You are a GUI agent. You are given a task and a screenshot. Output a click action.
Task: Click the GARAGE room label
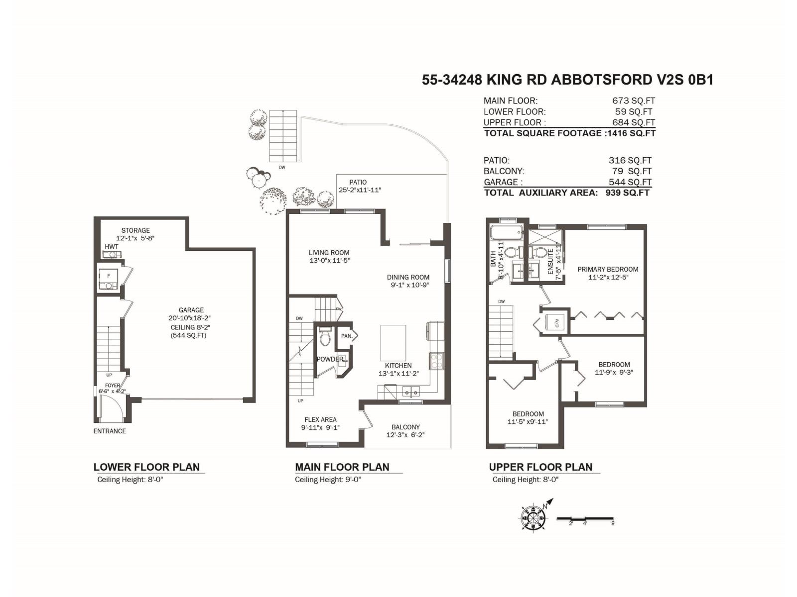click(191, 310)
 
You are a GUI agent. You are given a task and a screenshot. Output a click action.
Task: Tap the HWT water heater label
click(112, 247)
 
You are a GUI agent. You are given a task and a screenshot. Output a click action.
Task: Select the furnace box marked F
click(108, 276)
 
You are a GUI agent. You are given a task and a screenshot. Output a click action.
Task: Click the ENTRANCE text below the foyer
click(110, 431)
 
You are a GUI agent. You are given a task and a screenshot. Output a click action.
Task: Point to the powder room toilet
click(325, 338)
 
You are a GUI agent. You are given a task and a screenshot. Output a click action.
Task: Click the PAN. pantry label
click(347, 336)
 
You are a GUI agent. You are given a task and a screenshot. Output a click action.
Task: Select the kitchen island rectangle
click(393, 342)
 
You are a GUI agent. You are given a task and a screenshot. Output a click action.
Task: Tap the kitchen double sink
click(411, 393)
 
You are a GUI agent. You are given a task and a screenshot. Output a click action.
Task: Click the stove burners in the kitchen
click(437, 361)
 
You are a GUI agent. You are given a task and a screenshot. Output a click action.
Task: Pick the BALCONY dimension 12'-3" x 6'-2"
click(405, 435)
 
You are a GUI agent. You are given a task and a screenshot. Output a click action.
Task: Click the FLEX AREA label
click(320, 419)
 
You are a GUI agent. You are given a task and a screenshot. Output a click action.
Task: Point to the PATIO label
click(358, 182)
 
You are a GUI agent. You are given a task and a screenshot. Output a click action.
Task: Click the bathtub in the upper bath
click(506, 232)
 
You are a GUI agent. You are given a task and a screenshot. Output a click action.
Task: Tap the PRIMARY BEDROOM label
click(608, 269)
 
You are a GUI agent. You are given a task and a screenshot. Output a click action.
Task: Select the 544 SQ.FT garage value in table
click(630, 182)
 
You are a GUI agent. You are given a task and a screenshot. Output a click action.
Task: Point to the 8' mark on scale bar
click(613, 523)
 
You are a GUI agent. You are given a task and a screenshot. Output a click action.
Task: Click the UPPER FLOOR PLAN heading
click(540, 467)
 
